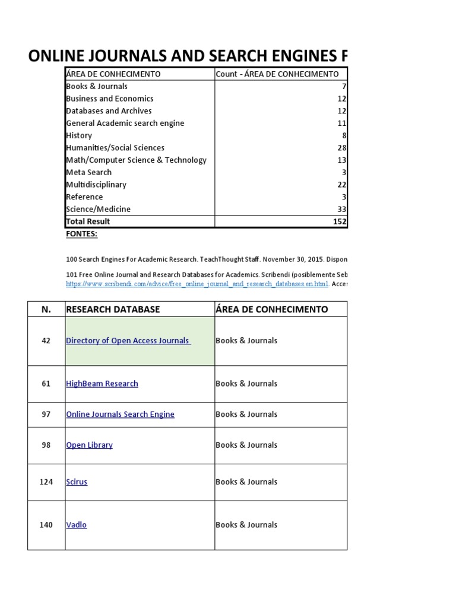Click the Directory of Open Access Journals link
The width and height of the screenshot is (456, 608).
[128, 341]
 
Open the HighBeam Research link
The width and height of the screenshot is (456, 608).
[102, 384]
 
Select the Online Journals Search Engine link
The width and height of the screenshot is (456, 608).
[120, 414]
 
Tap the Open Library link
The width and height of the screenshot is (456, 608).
[89, 445]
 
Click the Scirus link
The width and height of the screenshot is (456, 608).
[77, 482]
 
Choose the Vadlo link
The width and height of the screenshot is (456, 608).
[76, 525]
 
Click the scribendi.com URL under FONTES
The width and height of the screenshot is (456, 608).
[197, 284]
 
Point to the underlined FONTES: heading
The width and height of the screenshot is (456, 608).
[81, 234]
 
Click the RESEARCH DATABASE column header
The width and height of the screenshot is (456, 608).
[113, 309]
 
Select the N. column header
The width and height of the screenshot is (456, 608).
[46, 309]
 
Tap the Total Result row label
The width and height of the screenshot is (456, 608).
[88, 221]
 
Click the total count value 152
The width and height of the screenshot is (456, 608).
[340, 221]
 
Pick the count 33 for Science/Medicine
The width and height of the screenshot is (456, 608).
[341, 209]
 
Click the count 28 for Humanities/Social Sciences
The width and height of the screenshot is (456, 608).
[341, 148]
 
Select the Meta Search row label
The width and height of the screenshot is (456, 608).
[88, 172]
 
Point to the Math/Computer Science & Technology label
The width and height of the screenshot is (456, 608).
[136, 160]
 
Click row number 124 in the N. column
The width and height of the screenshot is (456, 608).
[46, 482]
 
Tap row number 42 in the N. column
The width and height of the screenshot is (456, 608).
[46, 341]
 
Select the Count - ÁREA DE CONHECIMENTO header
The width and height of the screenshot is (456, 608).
[277, 74]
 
